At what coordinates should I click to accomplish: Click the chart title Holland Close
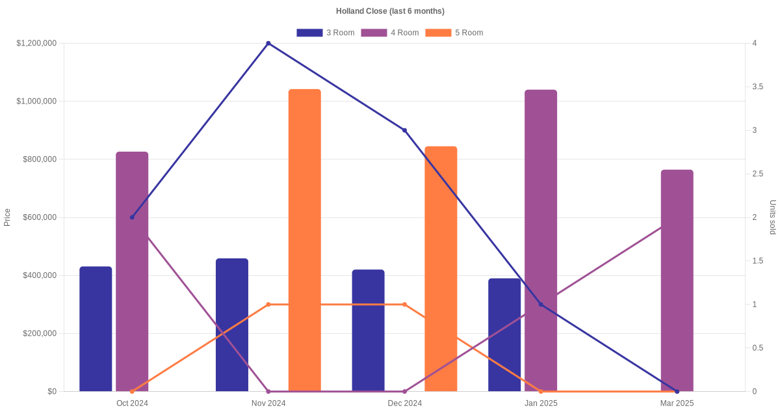[x=390, y=11]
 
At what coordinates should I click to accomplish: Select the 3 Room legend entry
[x=325, y=33]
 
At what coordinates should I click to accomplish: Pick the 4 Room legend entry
[x=389, y=33]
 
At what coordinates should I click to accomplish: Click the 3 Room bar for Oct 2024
[x=96, y=329]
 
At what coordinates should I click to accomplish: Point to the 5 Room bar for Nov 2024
[x=305, y=240]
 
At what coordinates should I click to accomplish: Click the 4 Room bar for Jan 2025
[x=541, y=240]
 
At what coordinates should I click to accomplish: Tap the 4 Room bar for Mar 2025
[x=677, y=280]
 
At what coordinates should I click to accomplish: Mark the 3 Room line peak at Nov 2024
[x=268, y=44]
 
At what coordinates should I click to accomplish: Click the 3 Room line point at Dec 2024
[x=404, y=130]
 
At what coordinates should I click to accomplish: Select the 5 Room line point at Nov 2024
[x=268, y=305]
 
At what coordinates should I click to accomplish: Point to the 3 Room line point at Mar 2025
[x=677, y=391]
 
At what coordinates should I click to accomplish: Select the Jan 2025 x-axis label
[x=541, y=403]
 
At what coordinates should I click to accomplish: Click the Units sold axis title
[x=772, y=217]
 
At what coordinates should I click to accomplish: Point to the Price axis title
[x=7, y=217]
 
